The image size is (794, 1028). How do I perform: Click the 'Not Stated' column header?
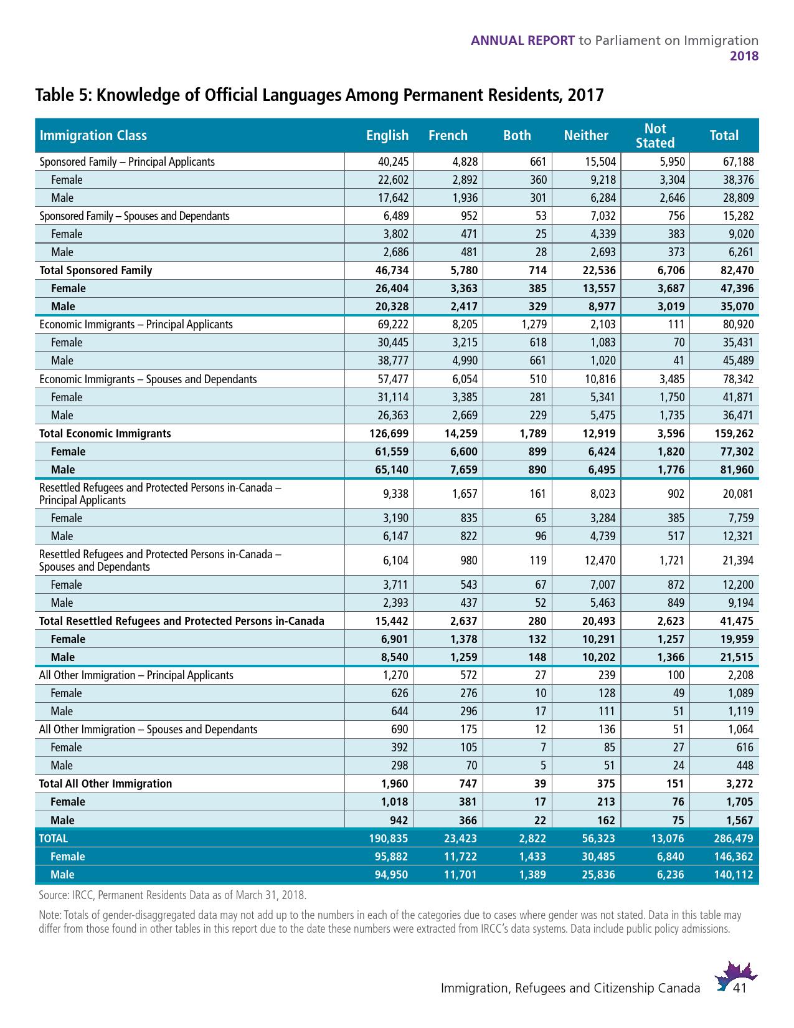[x=655, y=136]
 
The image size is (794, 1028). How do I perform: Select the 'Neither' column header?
[x=585, y=136]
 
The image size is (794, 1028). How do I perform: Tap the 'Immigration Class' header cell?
[x=93, y=136]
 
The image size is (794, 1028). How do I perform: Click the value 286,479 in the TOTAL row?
[x=733, y=839]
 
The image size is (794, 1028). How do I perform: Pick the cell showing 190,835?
[x=389, y=839]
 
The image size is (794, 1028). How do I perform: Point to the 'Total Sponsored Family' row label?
[x=95, y=270]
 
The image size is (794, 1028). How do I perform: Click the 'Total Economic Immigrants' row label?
[x=105, y=434]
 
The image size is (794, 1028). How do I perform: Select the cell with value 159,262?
[x=733, y=434]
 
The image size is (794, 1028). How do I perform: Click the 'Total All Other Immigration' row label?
[x=105, y=784]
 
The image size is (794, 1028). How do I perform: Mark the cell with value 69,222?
[x=392, y=325]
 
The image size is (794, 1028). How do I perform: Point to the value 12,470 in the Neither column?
[x=599, y=561]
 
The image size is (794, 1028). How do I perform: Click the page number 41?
[x=740, y=989]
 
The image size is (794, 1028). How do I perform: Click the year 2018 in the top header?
[x=744, y=56]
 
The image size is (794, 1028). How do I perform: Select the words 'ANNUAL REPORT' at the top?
[x=522, y=40]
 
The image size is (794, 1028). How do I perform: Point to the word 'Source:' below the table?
[x=54, y=895]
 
